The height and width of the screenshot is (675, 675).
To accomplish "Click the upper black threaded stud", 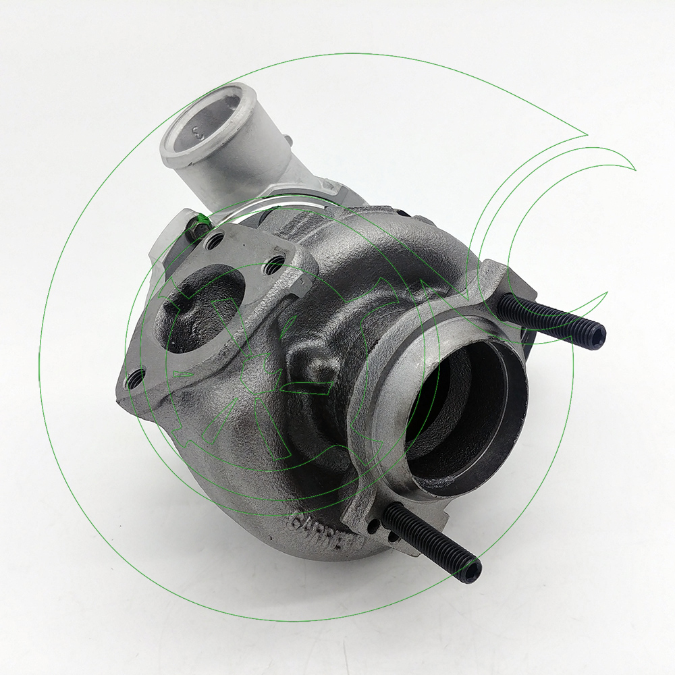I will [547, 319].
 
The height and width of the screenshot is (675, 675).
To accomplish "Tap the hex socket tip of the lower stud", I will [473, 571].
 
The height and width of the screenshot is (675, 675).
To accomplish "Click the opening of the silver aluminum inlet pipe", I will [202, 118].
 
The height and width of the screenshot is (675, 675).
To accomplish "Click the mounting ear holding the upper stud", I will [503, 283].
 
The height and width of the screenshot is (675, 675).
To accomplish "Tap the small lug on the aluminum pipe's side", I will [289, 141].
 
